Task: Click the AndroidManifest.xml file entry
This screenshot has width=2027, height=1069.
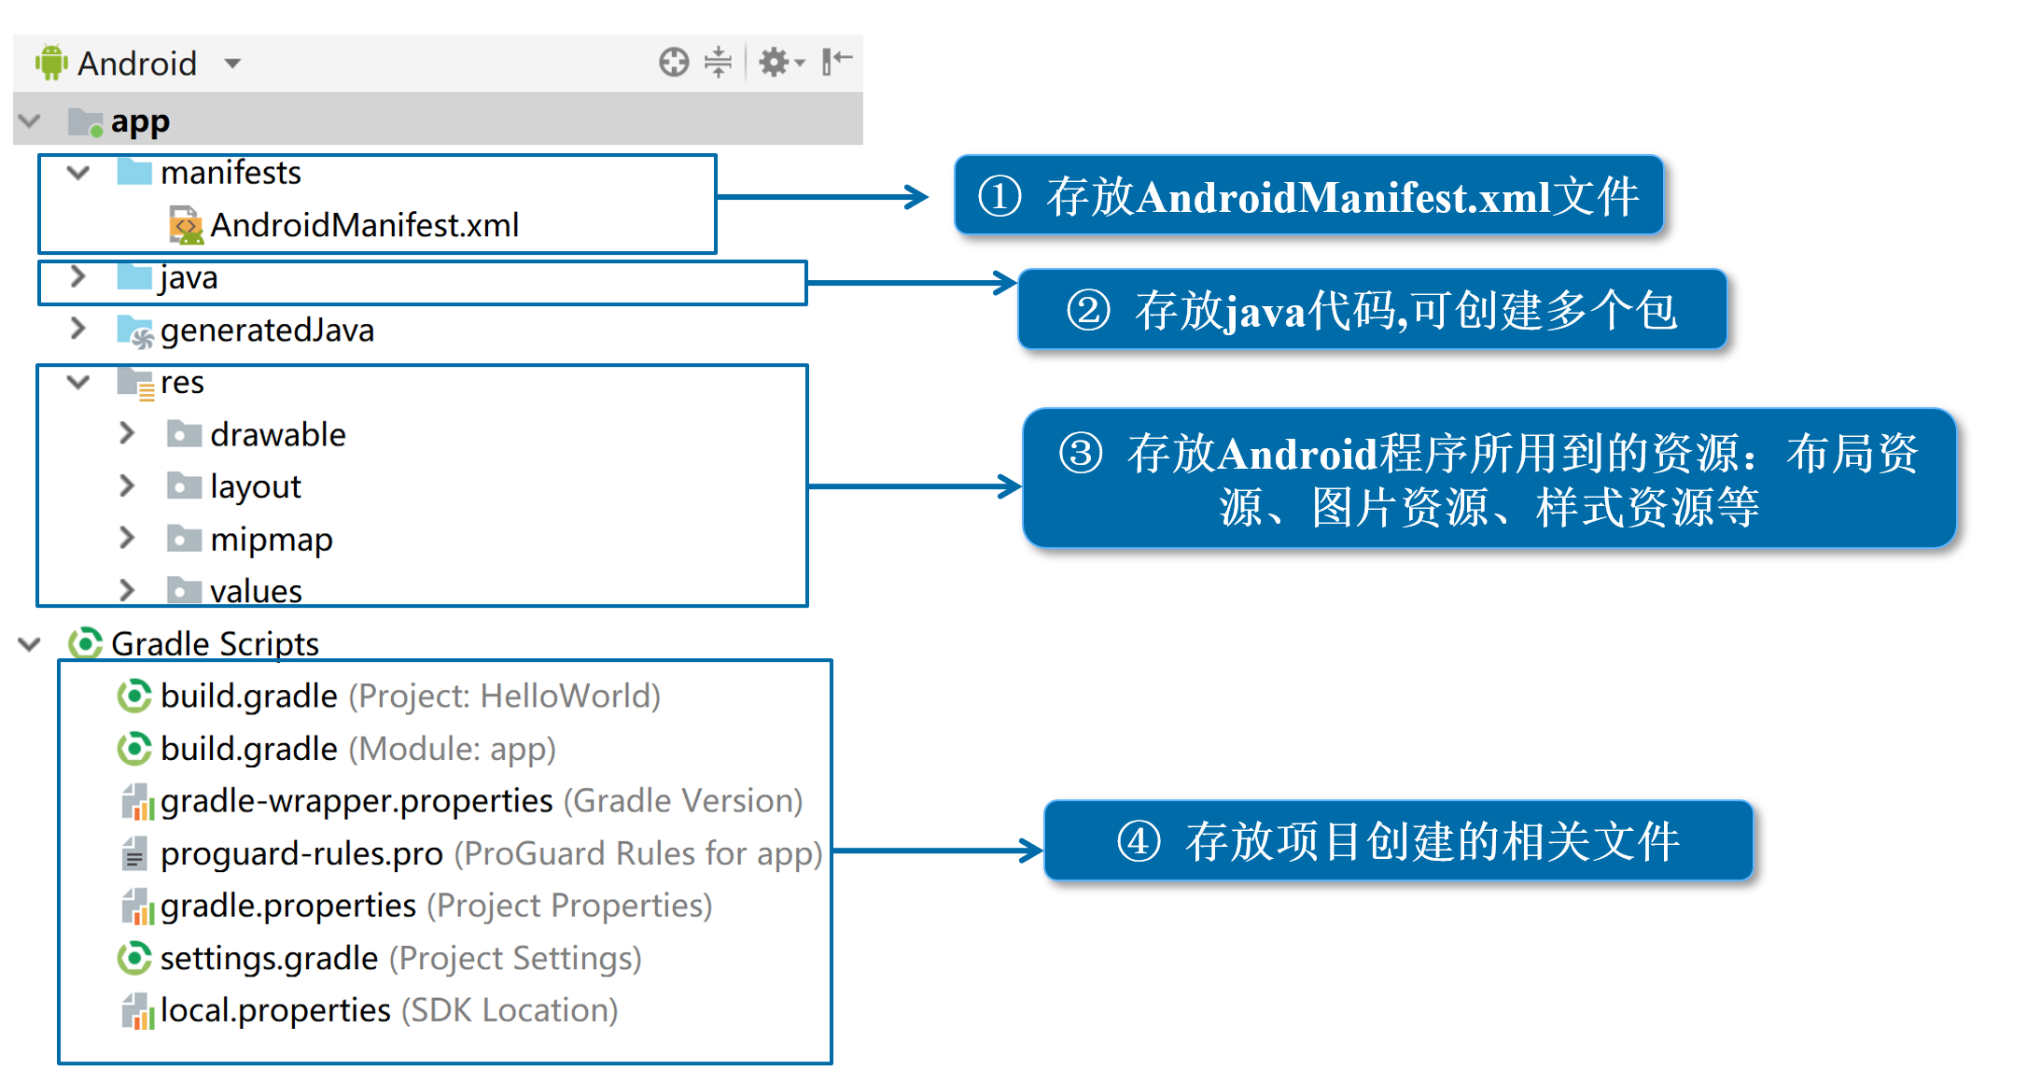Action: (x=364, y=225)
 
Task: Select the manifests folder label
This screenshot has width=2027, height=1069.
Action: (x=231, y=173)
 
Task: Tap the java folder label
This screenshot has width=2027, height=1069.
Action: (x=189, y=278)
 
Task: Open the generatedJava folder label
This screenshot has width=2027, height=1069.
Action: (x=267, y=331)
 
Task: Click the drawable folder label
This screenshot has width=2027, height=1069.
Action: (x=277, y=435)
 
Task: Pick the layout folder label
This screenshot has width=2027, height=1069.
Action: (x=255, y=487)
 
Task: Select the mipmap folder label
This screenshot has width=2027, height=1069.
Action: (x=271, y=540)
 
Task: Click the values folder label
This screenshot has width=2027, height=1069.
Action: (x=256, y=591)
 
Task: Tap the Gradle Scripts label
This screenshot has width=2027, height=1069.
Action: (x=215, y=644)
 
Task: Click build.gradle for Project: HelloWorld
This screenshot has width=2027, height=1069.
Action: (x=248, y=696)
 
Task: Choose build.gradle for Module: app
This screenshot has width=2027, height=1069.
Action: (x=248, y=749)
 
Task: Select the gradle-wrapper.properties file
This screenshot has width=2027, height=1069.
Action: (x=356, y=801)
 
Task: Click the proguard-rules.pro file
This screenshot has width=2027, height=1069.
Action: (x=301, y=853)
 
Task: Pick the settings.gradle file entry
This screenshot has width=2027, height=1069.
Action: (x=269, y=959)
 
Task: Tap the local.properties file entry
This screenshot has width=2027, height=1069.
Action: (x=275, y=1011)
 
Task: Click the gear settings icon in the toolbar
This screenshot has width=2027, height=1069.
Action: (x=775, y=63)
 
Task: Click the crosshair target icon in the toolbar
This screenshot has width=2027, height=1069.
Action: (x=673, y=63)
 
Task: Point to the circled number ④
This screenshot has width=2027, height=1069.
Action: (x=1139, y=841)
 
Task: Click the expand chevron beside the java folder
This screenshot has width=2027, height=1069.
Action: (x=78, y=277)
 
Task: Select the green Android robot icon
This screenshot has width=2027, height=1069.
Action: (x=51, y=63)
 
